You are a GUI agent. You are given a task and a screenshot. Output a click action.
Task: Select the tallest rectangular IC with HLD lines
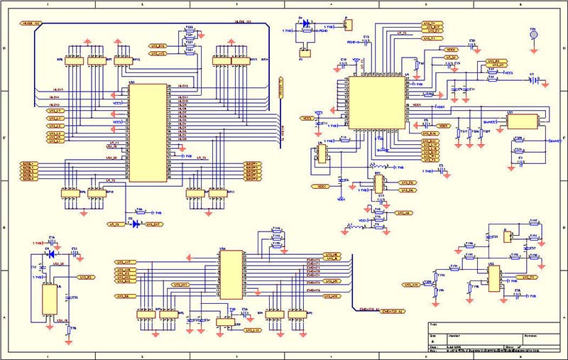[x=147, y=132]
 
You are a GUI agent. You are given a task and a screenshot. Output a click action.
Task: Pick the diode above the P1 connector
[x=307, y=23]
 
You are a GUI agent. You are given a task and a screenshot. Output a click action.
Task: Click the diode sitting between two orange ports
[x=135, y=224]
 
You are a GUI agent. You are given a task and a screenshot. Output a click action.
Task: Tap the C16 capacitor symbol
[x=51, y=242]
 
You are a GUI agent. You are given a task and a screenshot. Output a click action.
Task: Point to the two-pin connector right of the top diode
[x=347, y=26]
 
